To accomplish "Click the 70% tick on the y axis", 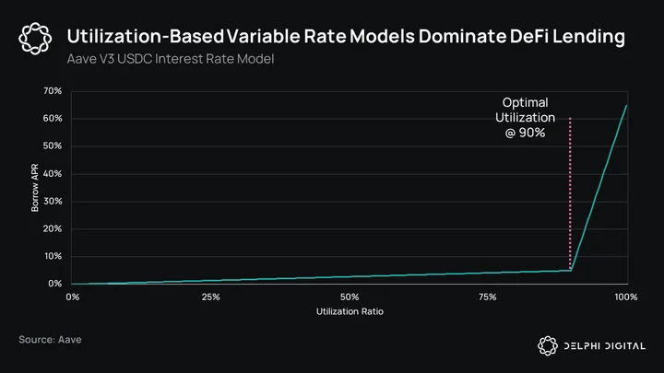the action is pos(52,91).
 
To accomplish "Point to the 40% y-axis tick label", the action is pos(52,174).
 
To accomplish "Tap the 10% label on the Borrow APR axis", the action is pos(53,256).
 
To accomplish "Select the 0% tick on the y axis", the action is pos(54,284).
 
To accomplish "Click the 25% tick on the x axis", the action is pos(211,297).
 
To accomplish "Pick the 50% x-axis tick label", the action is pos(350,297).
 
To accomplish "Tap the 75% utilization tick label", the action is pos(488,297).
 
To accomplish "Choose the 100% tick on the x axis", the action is pos(626,297).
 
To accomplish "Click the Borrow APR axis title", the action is pos(35,187).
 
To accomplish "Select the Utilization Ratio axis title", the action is pos(350,311).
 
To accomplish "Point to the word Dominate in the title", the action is pos(462,36).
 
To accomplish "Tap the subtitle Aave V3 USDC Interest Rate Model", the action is pos(171,59).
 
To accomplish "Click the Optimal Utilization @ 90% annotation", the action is pos(525,118).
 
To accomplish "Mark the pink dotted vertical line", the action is pos(570,192).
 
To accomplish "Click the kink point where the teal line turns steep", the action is pos(571,270).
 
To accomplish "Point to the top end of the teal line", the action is pos(626,105).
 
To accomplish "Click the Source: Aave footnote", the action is pos(50,340).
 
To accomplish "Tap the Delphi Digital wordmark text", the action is pos(605,346).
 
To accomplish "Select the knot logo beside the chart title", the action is pos(35,39).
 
